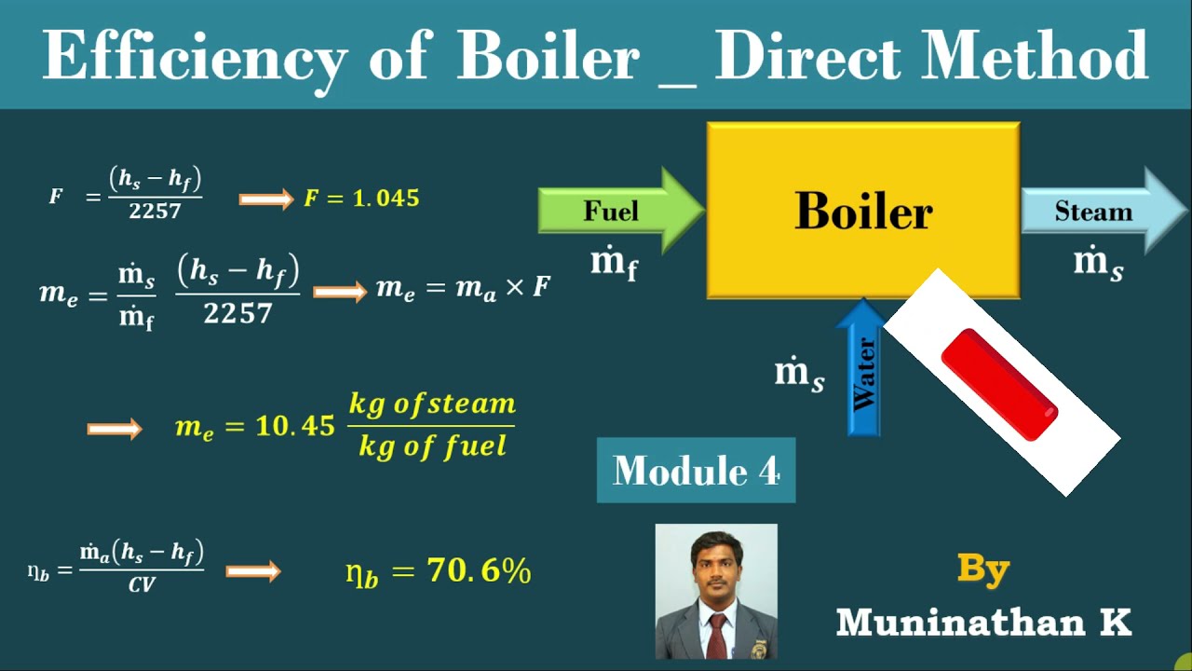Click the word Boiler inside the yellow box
click(x=863, y=212)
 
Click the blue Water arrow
click(x=863, y=373)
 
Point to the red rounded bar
click(x=999, y=384)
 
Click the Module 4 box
click(x=696, y=471)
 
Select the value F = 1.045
click(x=361, y=199)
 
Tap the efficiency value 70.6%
click(x=479, y=570)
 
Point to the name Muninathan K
click(x=983, y=623)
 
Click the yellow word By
click(x=983, y=567)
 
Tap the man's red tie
click(x=716, y=634)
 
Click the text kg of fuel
click(x=433, y=446)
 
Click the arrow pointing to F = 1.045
click(x=266, y=199)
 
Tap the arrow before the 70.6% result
click(x=253, y=570)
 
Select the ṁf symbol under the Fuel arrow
click(x=615, y=264)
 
